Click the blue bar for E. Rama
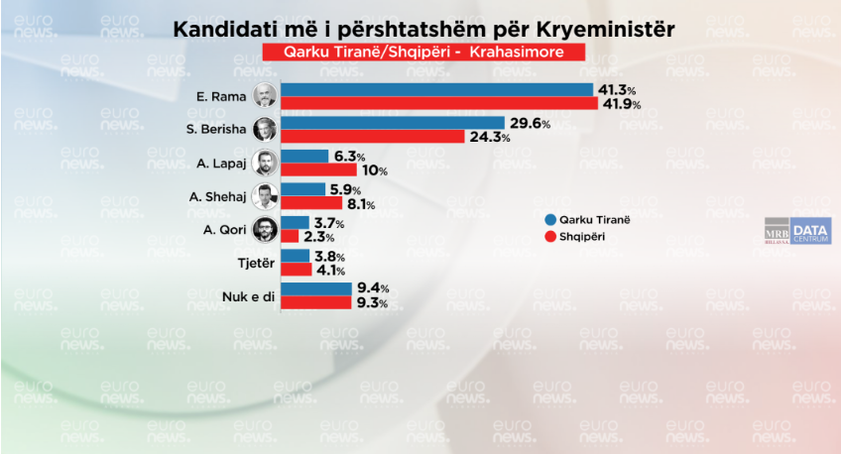coord(436,90)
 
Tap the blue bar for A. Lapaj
coord(304,157)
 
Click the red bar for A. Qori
coord(290,237)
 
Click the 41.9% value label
coord(619,104)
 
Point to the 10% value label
coord(373,170)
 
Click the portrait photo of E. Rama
coord(264,97)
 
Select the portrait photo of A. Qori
coord(264,229)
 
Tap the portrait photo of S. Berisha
coord(264,130)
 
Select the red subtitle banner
coord(420,51)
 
